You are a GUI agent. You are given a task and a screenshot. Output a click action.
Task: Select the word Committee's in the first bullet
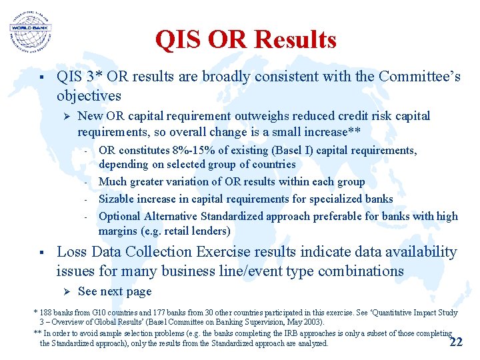coord(419,77)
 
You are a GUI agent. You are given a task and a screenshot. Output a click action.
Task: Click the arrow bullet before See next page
coord(65,291)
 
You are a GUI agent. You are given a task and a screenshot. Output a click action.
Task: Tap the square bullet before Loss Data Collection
coord(41,253)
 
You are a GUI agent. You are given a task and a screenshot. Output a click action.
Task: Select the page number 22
coord(456,342)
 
